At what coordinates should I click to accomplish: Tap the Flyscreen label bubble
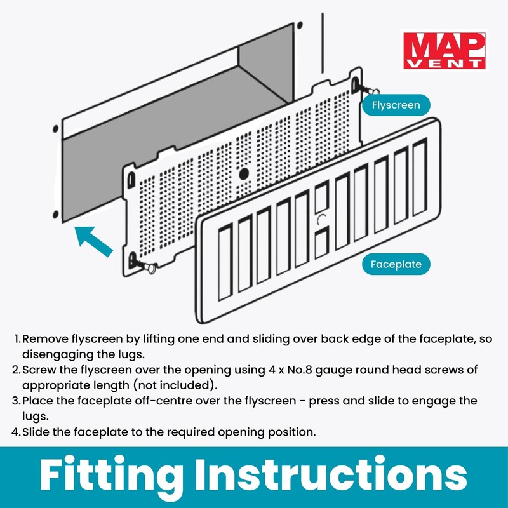pos(396,105)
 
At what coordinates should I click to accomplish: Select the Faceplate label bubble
pos(396,264)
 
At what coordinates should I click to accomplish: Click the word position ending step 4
pos(291,432)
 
